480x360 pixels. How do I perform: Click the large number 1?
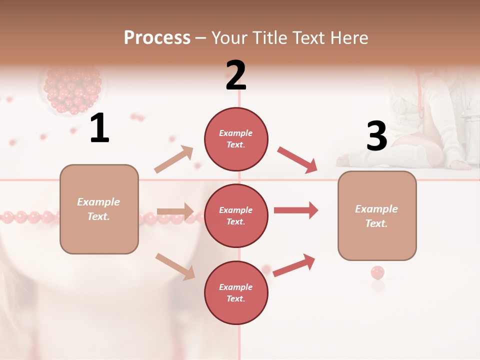pyautogui.click(x=99, y=128)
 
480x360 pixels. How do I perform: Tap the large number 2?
pyautogui.click(x=235, y=75)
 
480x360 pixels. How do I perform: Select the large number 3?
pyautogui.click(x=376, y=136)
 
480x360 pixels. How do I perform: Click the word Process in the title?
pyautogui.click(x=157, y=37)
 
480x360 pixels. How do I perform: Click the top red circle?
pyautogui.click(x=236, y=139)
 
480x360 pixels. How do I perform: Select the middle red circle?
pyautogui.click(x=236, y=216)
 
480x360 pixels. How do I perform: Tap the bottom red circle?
pyautogui.click(x=236, y=293)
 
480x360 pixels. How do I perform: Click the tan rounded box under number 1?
pyautogui.click(x=99, y=209)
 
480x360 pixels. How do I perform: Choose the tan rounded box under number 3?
pyautogui.click(x=377, y=216)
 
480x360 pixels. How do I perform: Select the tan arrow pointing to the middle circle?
pyautogui.click(x=175, y=211)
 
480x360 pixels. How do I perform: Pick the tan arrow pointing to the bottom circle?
pyautogui.click(x=175, y=266)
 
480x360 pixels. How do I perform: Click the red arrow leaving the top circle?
pyautogui.click(x=297, y=160)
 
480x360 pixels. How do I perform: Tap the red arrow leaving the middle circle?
pyautogui.click(x=295, y=210)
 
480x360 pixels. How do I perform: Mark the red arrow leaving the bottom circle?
pyautogui.click(x=294, y=265)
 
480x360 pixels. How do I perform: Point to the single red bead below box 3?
pyautogui.click(x=377, y=273)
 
